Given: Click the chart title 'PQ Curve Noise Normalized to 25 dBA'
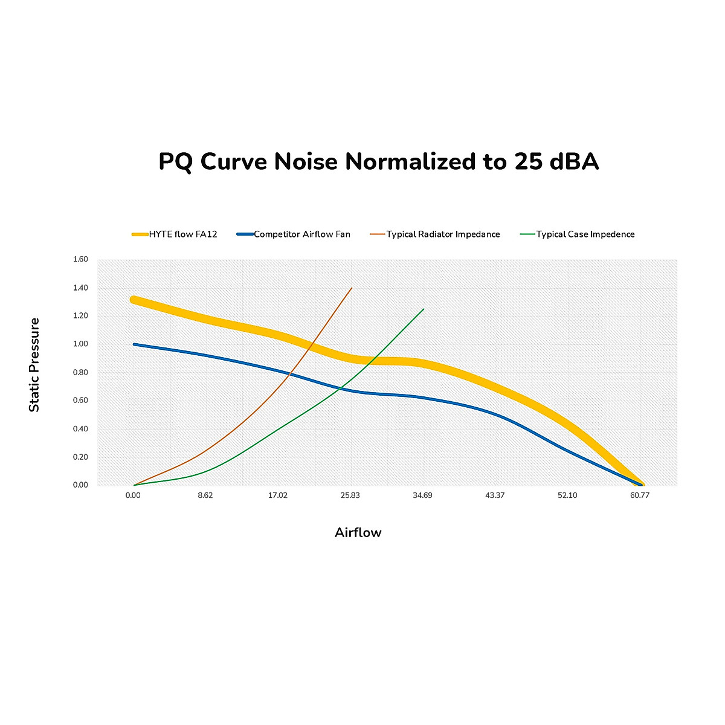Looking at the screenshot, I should [x=378, y=162].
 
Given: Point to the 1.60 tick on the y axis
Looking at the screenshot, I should [x=80, y=259].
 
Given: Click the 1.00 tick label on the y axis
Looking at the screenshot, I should [x=80, y=344].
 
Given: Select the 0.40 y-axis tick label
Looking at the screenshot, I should [x=80, y=429].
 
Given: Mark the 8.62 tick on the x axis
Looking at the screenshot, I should [x=205, y=495].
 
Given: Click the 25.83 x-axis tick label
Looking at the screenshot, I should [x=350, y=495].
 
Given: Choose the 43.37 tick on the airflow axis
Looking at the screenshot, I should [x=495, y=495].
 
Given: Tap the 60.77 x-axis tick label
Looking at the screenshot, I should [x=640, y=495].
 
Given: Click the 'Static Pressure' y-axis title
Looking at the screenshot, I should [x=34, y=365].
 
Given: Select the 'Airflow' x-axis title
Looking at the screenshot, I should [x=358, y=533].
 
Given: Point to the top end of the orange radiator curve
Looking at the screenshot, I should [x=352, y=288].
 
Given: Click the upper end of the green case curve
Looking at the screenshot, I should [x=424, y=309].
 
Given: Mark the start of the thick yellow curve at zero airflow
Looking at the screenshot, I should [x=134, y=300].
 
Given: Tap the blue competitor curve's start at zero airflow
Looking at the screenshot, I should [x=134, y=344].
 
